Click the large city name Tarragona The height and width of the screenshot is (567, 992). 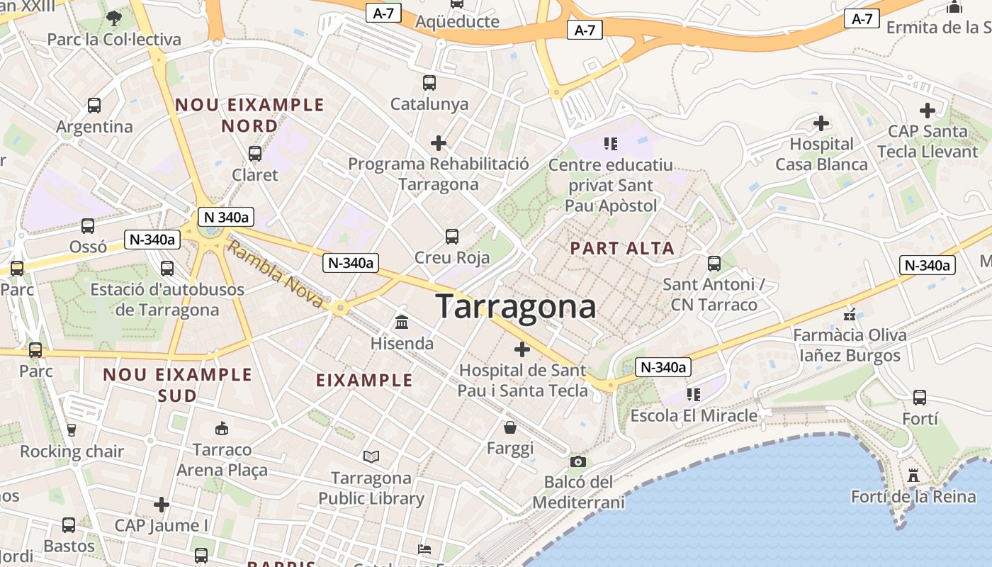click(516, 307)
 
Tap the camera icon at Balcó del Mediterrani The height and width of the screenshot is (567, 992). click(578, 462)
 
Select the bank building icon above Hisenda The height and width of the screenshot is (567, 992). click(402, 322)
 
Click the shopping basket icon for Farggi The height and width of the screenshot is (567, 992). click(510, 427)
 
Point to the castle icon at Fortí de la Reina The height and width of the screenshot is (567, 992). click(913, 476)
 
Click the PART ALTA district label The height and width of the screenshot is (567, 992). click(622, 249)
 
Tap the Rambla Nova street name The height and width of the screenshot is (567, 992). click(276, 276)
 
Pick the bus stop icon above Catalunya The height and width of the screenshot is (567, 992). click(429, 83)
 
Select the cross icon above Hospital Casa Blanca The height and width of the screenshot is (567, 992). click(821, 123)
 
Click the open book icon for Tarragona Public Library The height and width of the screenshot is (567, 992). click(371, 457)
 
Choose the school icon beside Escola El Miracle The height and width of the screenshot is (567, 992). click(693, 394)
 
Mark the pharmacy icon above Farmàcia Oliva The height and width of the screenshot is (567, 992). click(850, 314)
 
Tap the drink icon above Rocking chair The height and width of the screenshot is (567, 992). click(71, 430)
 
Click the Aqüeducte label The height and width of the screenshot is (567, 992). click(457, 21)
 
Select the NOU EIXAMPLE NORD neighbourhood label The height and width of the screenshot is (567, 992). click(249, 116)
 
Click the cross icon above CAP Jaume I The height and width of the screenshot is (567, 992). click(162, 505)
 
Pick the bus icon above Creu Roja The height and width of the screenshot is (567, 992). click(452, 237)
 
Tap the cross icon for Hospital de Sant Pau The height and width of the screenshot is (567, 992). click(522, 349)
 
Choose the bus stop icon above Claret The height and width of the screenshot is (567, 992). click(255, 153)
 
